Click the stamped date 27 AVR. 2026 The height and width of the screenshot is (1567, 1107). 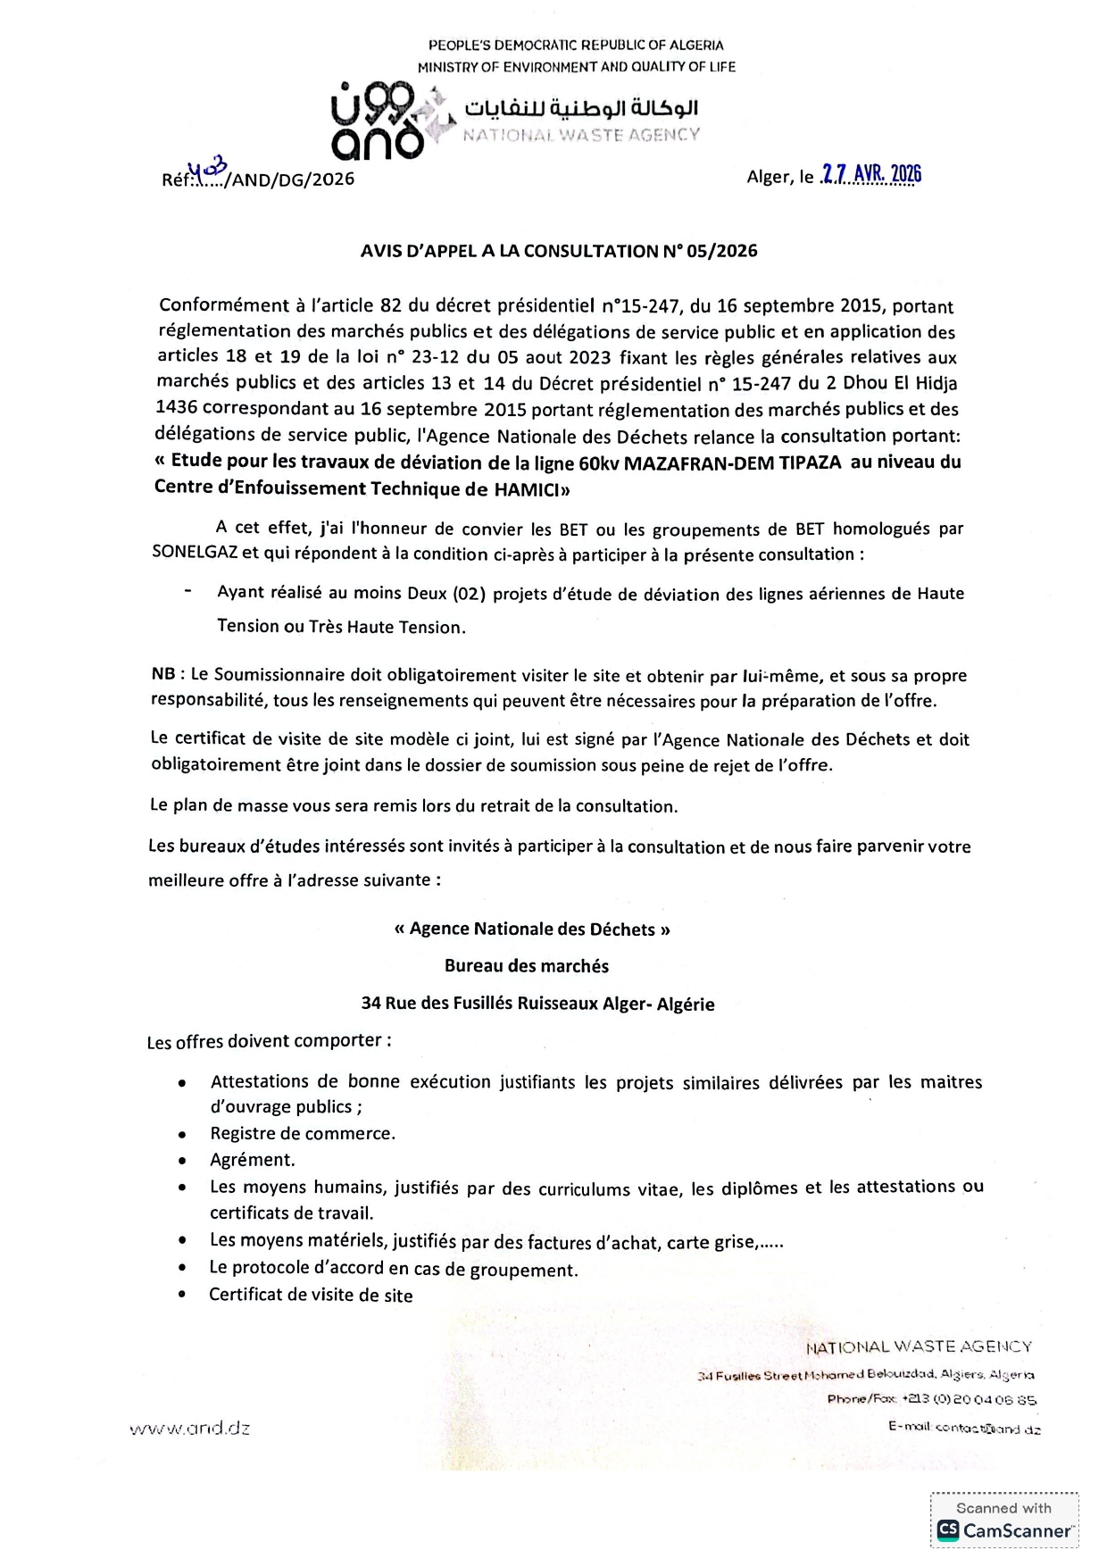(x=871, y=174)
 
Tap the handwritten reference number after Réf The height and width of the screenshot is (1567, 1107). (x=211, y=170)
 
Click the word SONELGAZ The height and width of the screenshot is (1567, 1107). (x=194, y=553)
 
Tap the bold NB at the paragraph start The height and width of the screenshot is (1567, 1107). (x=162, y=674)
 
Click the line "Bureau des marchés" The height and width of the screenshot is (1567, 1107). (x=527, y=966)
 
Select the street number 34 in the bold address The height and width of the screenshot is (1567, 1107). (x=370, y=1003)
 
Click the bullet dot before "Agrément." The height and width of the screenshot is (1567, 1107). (x=182, y=1162)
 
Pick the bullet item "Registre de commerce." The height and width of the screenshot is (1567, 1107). (x=303, y=1134)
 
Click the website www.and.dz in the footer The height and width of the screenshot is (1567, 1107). (x=190, y=1428)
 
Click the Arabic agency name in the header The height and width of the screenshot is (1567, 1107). (x=580, y=108)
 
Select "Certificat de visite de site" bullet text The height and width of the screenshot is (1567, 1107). (x=311, y=1295)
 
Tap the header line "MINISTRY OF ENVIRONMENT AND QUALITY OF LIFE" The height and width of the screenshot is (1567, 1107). (x=577, y=67)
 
